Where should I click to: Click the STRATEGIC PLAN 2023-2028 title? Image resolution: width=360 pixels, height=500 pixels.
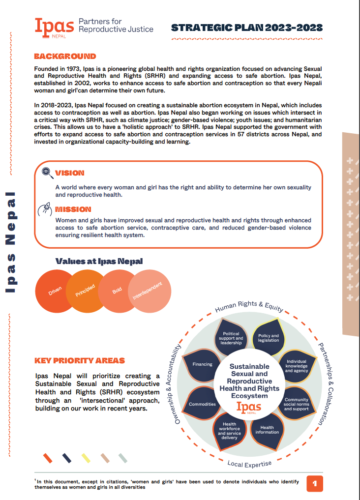(x=247, y=28)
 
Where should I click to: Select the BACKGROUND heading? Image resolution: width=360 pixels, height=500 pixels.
(x=65, y=57)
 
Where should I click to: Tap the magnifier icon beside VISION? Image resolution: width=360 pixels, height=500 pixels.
(x=46, y=173)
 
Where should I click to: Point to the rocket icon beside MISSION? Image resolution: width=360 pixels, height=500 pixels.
(x=46, y=209)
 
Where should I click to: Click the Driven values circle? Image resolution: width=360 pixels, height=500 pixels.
(x=55, y=292)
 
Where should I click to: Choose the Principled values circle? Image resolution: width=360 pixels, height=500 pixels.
(x=85, y=292)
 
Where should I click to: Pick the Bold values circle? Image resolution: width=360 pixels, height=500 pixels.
(x=117, y=291)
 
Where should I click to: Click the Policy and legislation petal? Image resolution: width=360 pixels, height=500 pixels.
(x=268, y=338)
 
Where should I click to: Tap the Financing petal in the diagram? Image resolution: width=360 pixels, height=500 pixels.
(x=203, y=364)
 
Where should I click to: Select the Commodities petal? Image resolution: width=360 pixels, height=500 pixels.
(x=203, y=404)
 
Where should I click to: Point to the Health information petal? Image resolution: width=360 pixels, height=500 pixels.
(x=267, y=430)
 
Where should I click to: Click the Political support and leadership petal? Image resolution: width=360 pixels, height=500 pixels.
(x=231, y=338)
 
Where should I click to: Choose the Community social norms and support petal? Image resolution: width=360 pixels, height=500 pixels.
(x=296, y=404)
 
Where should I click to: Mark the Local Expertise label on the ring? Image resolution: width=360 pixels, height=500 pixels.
(x=249, y=463)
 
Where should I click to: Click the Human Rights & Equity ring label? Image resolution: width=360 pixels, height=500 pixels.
(x=249, y=306)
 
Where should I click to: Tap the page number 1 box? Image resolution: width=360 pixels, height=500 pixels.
(x=314, y=483)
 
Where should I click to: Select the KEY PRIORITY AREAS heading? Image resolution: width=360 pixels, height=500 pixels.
(x=80, y=360)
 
